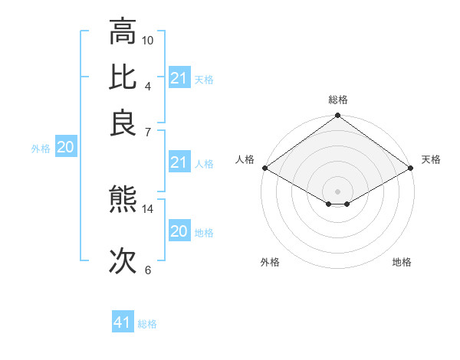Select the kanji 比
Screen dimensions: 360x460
click(123, 77)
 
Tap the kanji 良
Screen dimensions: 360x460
click(123, 123)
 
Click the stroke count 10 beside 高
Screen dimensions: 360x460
click(148, 40)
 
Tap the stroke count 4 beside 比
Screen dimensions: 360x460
click(148, 86)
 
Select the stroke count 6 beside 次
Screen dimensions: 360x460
click(148, 270)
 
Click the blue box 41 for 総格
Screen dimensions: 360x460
click(123, 322)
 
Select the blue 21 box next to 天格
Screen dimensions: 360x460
click(179, 78)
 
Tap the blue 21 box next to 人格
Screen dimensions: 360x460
click(179, 162)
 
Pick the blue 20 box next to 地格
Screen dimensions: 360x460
click(179, 231)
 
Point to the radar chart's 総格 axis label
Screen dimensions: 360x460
click(338, 100)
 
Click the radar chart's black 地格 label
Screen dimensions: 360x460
click(402, 263)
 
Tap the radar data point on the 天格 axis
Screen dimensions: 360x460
click(412, 168)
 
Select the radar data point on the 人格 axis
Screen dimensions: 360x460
click(264, 168)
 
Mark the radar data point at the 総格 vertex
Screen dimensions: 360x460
click(338, 116)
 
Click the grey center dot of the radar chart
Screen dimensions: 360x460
click(338, 190)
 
